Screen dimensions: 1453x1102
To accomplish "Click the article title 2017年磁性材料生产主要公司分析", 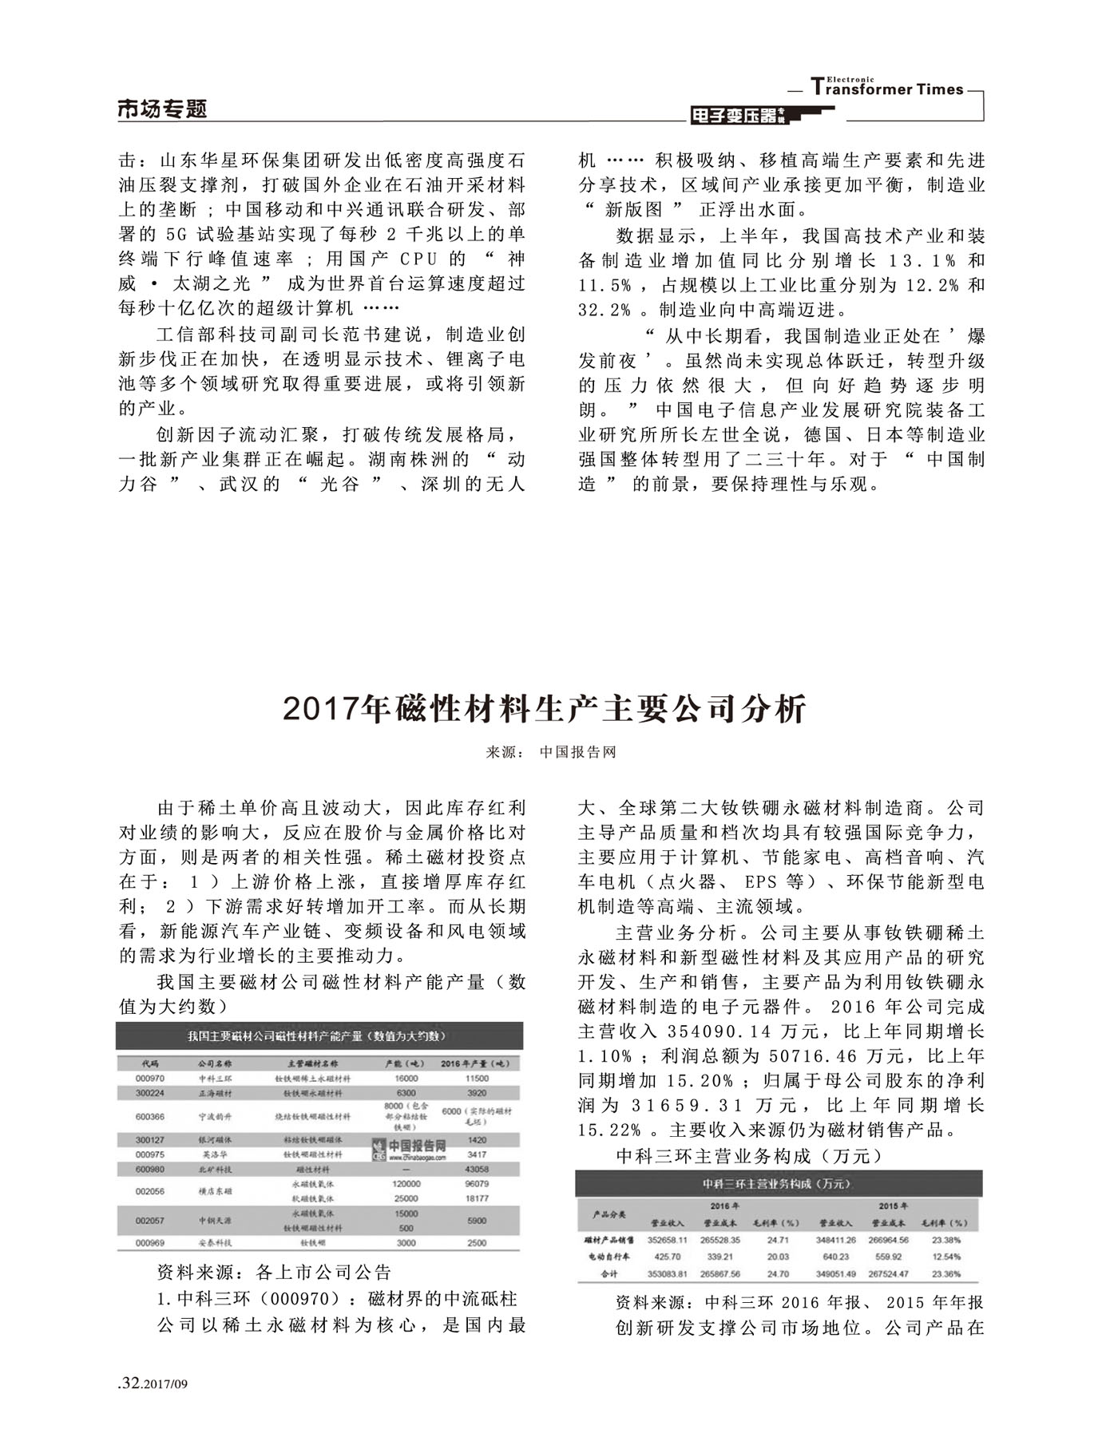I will [x=545, y=709].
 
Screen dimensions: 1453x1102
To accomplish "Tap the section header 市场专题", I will [x=162, y=109].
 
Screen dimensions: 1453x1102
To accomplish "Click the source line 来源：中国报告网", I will [x=551, y=752].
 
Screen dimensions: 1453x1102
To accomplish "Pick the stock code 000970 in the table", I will [x=150, y=1078].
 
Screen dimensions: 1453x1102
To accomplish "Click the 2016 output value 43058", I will [x=476, y=1169].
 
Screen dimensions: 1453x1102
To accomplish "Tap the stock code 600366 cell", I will [x=150, y=1116].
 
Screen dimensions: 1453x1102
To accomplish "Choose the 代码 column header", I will [x=150, y=1063].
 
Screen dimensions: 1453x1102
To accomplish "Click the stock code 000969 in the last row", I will [x=150, y=1243].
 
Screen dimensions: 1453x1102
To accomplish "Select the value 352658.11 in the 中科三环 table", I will [x=667, y=1240].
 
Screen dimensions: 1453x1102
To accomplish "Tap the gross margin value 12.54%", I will [x=945, y=1257].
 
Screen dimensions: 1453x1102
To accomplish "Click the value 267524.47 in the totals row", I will [x=889, y=1273].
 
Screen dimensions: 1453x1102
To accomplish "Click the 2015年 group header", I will [x=888, y=1206].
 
